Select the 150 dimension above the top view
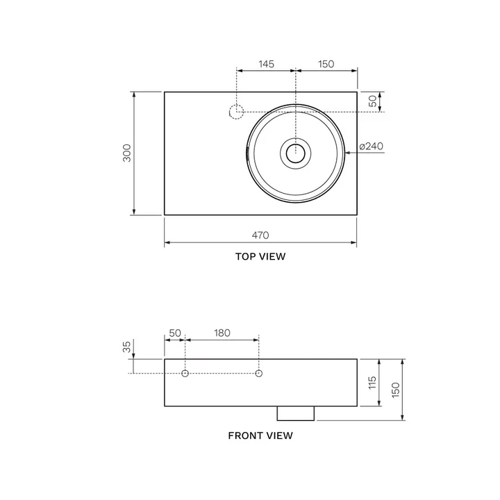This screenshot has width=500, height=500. [326, 64]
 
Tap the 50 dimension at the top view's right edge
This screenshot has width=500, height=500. [373, 101]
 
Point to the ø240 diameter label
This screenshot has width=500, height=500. [372, 146]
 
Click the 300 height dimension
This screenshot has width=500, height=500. [126, 153]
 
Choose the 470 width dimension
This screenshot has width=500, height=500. [260, 235]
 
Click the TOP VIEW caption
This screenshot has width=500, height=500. [260, 256]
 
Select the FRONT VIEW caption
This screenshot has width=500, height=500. [260, 436]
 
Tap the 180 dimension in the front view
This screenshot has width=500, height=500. [222, 333]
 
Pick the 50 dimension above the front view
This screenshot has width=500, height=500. [174, 333]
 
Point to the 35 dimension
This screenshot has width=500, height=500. [126, 347]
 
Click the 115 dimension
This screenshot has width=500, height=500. [372, 382]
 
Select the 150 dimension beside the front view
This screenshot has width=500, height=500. [397, 390]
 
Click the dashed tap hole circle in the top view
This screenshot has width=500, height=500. [237, 111]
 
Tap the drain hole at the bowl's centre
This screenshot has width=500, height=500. [296, 153]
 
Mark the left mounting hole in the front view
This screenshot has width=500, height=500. [185, 374]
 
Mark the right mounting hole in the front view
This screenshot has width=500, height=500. [258, 374]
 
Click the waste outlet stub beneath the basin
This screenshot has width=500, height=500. [296, 413]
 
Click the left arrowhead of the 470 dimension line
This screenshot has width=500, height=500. [167, 244]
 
